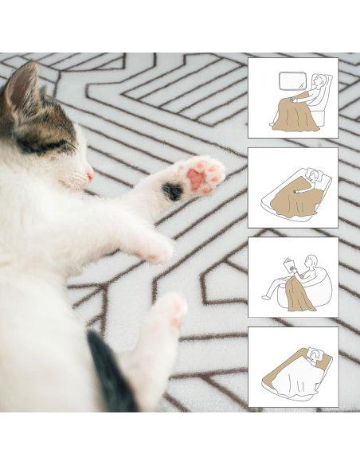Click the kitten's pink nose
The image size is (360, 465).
pyautogui.click(x=90, y=176)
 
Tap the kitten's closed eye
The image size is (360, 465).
pyautogui.click(x=37, y=145)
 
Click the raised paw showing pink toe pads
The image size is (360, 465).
pyautogui.click(x=200, y=175)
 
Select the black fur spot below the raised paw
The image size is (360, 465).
pyautogui.click(x=172, y=191)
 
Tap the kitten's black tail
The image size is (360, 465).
pyautogui.click(x=112, y=374)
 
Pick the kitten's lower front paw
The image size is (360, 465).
pyautogui.click(x=156, y=249)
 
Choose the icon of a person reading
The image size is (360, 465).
pyautogui.click(x=293, y=277)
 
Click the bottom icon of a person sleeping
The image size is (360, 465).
pyautogui.click(x=293, y=367)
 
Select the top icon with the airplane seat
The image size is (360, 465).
pyautogui.click(x=293, y=98)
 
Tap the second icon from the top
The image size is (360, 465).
pyautogui.click(x=293, y=188)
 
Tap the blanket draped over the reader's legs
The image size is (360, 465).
pyautogui.click(x=301, y=294)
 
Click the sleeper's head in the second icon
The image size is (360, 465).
pyautogui.click(x=316, y=176)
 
